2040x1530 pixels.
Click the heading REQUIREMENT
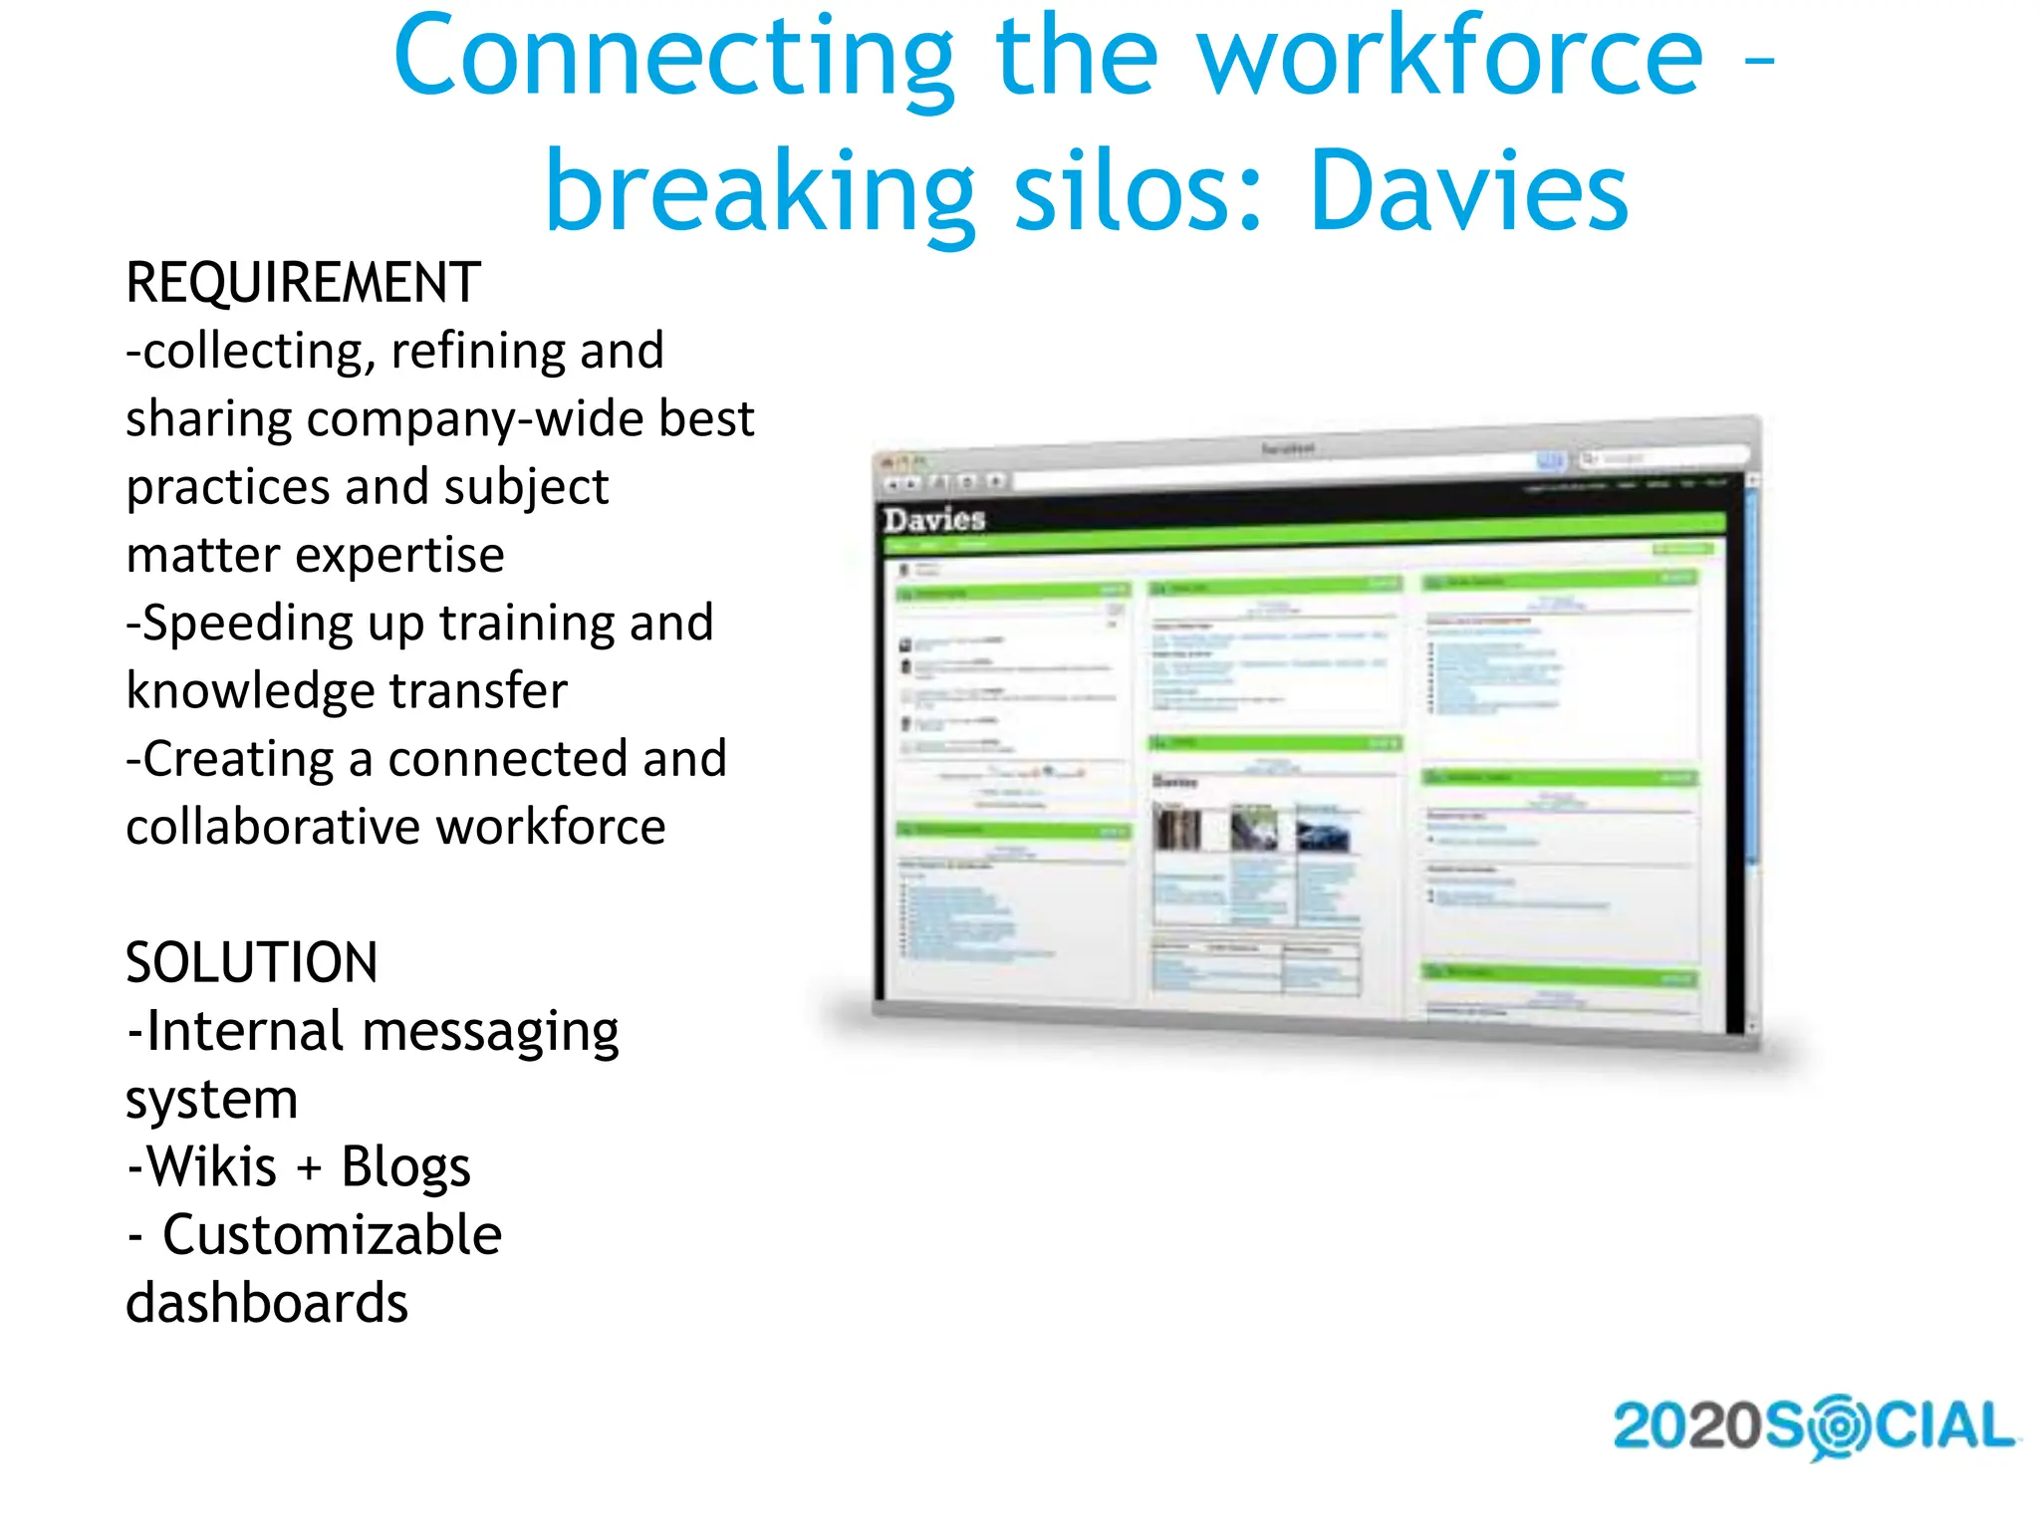[303, 283]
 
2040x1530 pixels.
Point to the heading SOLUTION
[251, 963]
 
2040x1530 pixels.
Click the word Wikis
[211, 1167]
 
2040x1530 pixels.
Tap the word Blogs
[405, 1167]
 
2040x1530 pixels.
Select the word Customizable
[332, 1235]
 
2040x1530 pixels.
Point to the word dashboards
[267, 1303]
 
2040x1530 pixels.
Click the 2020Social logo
[1813, 1426]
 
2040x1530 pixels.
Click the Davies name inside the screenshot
[934, 519]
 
